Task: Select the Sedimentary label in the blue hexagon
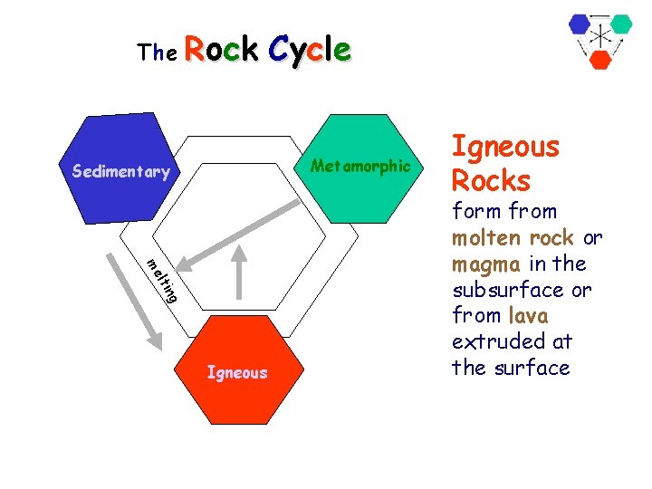coord(120,172)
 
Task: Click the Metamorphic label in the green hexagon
coord(360,166)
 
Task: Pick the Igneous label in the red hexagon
coord(237,372)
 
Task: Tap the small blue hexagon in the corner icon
coord(580,24)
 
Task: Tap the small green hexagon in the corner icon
coord(620,24)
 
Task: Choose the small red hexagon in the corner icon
coord(600,60)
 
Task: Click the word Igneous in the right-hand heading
coord(505,147)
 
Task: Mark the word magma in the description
coord(484,264)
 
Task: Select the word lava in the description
coord(528,316)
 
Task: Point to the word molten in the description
coord(484,238)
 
